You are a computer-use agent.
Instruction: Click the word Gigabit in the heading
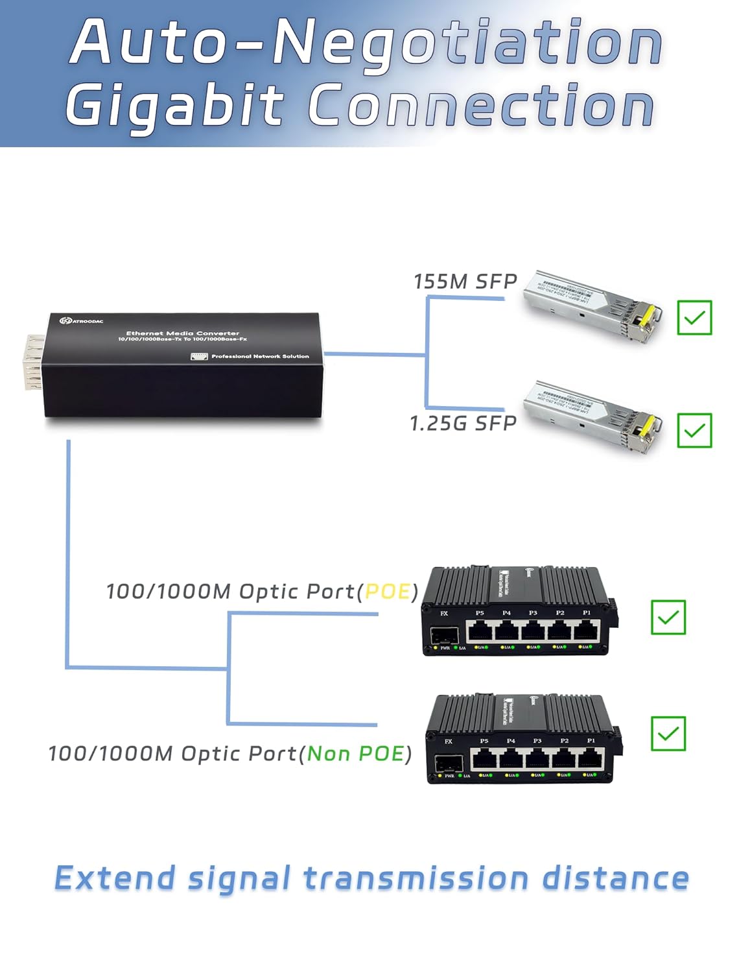[x=175, y=106]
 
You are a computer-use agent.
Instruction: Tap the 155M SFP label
[x=465, y=282]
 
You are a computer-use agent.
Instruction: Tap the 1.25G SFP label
[x=463, y=424]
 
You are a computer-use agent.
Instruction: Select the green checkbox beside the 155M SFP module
[x=694, y=318]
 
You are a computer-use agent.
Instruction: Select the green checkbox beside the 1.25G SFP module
[x=694, y=431]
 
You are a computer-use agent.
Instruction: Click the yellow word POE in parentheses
[x=388, y=592]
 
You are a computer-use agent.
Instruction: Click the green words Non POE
[x=356, y=754]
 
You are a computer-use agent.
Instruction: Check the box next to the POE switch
[x=668, y=618]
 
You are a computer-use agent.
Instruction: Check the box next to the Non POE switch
[x=668, y=734]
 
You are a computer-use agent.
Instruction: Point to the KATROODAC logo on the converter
[x=82, y=321]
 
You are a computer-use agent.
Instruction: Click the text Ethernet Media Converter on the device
[x=182, y=333]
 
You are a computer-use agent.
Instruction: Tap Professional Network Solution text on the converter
[x=259, y=356]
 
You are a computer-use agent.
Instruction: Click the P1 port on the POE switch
[x=586, y=630]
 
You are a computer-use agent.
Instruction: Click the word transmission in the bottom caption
[x=416, y=879]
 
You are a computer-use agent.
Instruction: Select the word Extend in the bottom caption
[x=115, y=879]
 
